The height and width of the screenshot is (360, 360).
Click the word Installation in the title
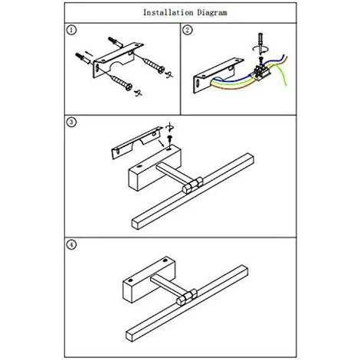(x=168, y=12)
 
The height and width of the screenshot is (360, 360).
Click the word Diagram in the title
(x=212, y=13)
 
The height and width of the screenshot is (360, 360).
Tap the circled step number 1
(x=71, y=30)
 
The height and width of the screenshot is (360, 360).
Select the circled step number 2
(x=188, y=30)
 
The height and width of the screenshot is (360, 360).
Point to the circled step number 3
(x=71, y=122)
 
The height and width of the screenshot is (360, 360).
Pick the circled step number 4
(x=71, y=245)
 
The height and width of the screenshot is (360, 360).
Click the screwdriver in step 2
(x=260, y=44)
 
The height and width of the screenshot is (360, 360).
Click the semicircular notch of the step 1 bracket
(x=117, y=66)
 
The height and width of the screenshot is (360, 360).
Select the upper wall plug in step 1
(x=116, y=42)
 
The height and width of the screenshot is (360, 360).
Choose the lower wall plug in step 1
(x=83, y=58)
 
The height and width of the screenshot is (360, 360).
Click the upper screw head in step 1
(x=161, y=70)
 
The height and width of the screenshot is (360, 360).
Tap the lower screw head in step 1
(x=129, y=87)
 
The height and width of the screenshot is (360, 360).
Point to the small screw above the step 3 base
(x=169, y=140)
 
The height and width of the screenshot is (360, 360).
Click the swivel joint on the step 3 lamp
(x=193, y=185)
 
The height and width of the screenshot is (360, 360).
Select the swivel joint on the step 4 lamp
(x=187, y=297)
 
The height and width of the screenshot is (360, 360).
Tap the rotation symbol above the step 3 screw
(x=169, y=127)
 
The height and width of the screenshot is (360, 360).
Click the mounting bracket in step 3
(x=137, y=142)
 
